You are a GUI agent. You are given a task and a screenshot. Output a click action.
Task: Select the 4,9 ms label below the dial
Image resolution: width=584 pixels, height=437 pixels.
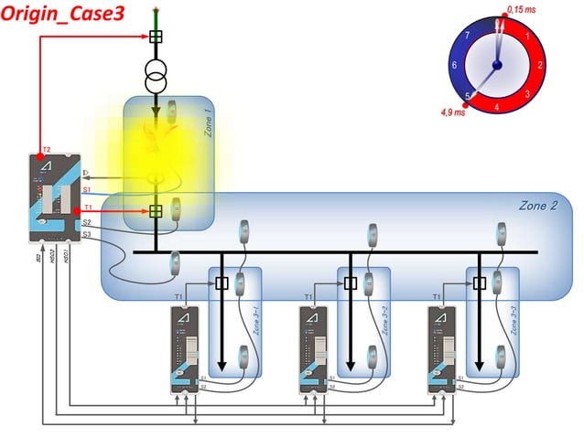453,112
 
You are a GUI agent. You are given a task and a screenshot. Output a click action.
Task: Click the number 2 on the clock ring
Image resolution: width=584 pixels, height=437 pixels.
540,65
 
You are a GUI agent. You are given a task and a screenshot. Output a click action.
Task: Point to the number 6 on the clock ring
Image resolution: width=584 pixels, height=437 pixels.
454,66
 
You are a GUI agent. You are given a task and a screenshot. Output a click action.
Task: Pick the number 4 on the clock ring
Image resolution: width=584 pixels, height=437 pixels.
497,107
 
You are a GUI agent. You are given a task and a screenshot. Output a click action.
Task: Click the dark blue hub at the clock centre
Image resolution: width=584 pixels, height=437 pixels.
497,65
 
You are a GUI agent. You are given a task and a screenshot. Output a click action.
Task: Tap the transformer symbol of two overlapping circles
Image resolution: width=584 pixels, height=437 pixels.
156,76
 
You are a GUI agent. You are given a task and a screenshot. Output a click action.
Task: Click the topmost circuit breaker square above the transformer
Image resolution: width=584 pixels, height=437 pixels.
156,37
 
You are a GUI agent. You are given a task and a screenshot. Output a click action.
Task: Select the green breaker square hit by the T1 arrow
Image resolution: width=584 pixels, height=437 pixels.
157,211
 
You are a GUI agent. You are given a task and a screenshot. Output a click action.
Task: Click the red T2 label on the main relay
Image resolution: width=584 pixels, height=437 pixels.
46,148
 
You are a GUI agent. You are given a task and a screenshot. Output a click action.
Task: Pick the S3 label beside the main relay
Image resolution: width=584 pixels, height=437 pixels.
86,235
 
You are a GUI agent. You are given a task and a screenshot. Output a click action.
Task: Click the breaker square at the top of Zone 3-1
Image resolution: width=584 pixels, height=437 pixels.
222,283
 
